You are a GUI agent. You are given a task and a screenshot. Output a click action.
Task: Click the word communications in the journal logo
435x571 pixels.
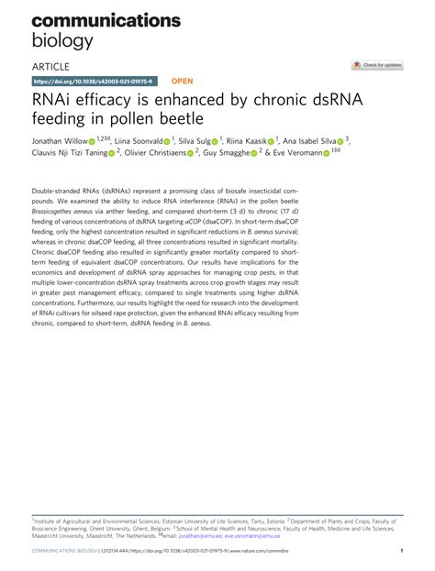point(95,18)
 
